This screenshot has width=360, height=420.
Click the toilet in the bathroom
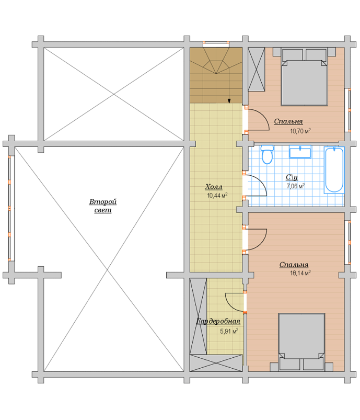pyautogui.click(x=267, y=154)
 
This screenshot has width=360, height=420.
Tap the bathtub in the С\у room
pyautogui.click(x=334, y=170)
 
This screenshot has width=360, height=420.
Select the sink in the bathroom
pyautogui.click(x=300, y=152)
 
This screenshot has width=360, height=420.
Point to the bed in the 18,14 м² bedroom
pyautogui.click(x=301, y=342)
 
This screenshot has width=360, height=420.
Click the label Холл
pyautogui.click(x=214, y=187)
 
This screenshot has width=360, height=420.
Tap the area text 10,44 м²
pyautogui.click(x=217, y=195)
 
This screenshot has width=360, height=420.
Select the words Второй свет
pyautogui.click(x=103, y=206)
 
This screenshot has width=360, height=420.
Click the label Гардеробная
pyautogui.click(x=218, y=321)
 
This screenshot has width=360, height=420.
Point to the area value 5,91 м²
pyautogui.click(x=229, y=331)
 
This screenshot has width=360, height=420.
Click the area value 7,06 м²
pyautogui.click(x=296, y=186)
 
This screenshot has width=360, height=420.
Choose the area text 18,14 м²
pyautogui.click(x=300, y=273)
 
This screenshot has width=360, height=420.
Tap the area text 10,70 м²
pyautogui.click(x=300, y=131)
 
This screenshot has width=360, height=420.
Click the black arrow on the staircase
pyautogui.click(x=229, y=101)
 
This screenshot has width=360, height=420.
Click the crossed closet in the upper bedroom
pyautogui.click(x=256, y=70)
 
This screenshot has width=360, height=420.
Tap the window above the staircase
pyautogui.click(x=216, y=44)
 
